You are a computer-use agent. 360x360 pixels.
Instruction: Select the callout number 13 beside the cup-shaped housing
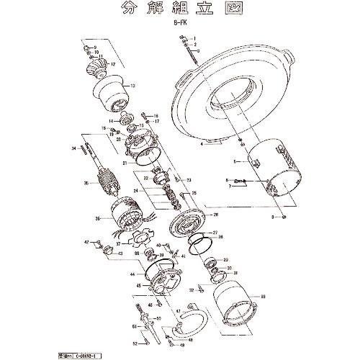[132, 85]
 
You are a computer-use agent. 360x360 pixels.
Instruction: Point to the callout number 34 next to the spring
[73, 149]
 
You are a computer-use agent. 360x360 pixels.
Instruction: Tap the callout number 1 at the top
[204, 36]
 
